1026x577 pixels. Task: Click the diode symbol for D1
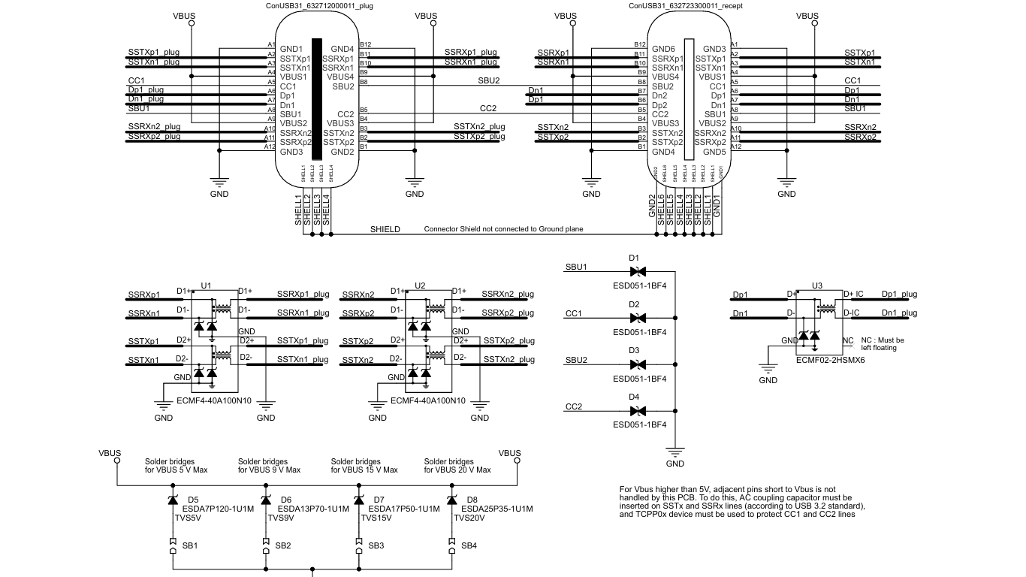coord(637,271)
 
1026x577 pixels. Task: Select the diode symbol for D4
coord(637,411)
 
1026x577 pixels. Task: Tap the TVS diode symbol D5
coord(173,500)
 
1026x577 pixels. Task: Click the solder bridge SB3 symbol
coord(358,546)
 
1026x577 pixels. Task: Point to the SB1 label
coord(190,545)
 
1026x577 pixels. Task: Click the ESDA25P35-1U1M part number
coord(496,509)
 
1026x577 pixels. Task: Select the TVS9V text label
coord(280,518)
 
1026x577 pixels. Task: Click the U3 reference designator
coord(817,286)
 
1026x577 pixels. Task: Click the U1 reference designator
coord(206,286)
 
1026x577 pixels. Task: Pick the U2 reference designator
coord(420,286)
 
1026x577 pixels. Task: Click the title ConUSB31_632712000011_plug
coord(319,5)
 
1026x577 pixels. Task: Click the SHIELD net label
coord(385,229)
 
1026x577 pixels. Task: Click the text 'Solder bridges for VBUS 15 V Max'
coord(364,466)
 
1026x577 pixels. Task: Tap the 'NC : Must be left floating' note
coord(883,344)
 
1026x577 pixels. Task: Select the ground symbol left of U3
coord(768,368)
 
